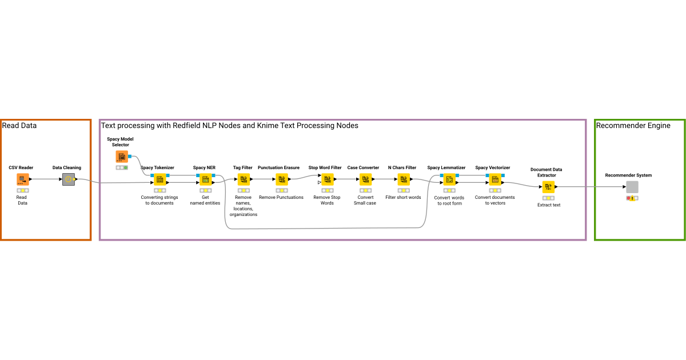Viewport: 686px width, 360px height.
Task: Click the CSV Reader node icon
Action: (23, 179)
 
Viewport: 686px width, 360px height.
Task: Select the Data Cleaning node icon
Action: (68, 179)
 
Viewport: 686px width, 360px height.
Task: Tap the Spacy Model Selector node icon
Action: (122, 157)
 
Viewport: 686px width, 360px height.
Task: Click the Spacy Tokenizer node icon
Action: (159, 179)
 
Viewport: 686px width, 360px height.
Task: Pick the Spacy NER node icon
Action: (205, 179)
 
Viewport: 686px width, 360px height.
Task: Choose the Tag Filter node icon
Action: (244, 179)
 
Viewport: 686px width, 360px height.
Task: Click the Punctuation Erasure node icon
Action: (281, 179)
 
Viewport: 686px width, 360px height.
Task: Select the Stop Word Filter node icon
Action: (327, 179)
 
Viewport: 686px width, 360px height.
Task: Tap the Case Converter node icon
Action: (365, 179)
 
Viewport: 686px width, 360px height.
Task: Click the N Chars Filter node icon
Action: (404, 179)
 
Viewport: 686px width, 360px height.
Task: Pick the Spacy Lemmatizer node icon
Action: (449, 179)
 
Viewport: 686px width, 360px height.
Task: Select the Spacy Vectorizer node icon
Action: (494, 179)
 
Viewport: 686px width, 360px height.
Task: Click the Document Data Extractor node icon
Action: (548, 186)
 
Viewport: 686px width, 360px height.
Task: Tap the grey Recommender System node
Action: (632, 187)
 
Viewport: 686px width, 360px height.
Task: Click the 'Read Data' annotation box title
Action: (19, 125)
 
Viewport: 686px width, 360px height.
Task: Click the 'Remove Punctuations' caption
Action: (281, 197)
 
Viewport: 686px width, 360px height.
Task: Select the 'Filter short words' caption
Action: (403, 197)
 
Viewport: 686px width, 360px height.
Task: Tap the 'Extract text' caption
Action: (549, 205)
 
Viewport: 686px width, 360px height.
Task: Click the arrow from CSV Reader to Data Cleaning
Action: (46, 179)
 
